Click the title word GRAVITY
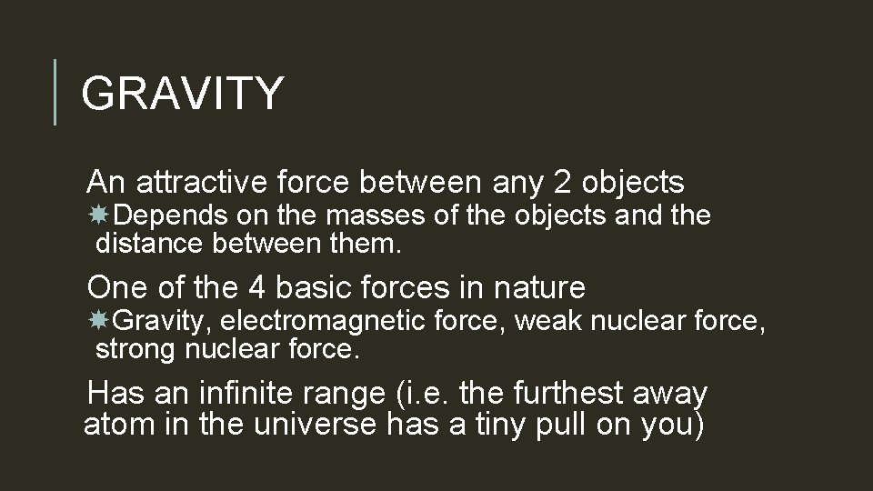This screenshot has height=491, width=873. pos(183,93)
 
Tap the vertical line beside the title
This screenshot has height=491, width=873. pos(55,92)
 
